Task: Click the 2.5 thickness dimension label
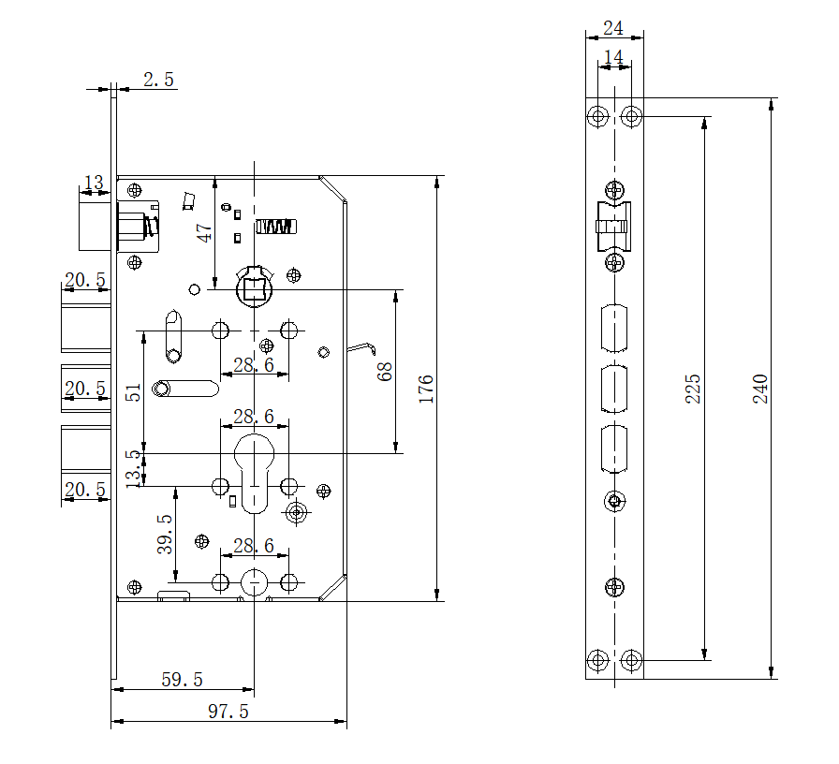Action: click(x=158, y=80)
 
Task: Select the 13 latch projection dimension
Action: click(x=94, y=182)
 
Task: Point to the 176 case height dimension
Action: click(x=426, y=389)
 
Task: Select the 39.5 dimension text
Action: click(x=166, y=534)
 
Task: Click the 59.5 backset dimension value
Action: click(x=182, y=680)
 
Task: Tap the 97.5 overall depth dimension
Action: click(x=228, y=713)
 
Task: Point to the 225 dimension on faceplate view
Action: click(x=693, y=389)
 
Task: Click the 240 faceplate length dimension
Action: click(x=760, y=389)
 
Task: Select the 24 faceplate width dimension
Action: click(x=613, y=28)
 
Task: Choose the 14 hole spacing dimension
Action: click(x=613, y=58)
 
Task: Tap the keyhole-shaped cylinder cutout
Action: click(x=253, y=468)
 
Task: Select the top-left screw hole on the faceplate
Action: click(x=597, y=116)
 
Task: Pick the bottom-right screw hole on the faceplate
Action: click(x=632, y=661)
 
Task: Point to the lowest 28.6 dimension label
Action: click(x=254, y=545)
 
